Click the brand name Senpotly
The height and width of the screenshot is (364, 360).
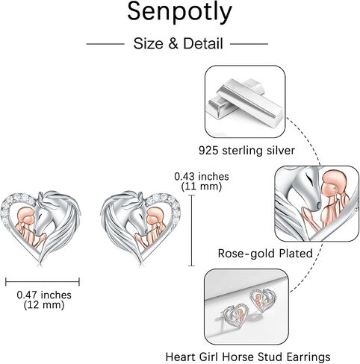(179, 13)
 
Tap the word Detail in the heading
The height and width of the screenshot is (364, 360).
(203, 43)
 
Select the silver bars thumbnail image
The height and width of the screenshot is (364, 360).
(245, 101)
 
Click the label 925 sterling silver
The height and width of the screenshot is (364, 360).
(246, 151)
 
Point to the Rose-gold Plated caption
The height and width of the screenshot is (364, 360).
(265, 254)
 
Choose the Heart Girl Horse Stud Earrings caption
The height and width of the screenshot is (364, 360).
(248, 357)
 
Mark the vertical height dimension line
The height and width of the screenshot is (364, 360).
(191, 230)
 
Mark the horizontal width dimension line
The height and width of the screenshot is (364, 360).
(43, 282)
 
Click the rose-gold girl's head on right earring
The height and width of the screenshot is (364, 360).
(155, 217)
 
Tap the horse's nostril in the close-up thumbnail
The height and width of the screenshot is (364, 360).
(317, 205)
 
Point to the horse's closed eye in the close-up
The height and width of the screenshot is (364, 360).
(309, 178)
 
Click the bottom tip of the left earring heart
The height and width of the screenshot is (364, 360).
(40, 263)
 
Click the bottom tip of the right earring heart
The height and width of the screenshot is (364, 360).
(142, 263)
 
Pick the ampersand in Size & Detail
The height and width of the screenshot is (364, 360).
(173, 43)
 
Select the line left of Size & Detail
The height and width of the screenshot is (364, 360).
(105, 44)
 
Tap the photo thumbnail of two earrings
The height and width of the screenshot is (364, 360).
(246, 307)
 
